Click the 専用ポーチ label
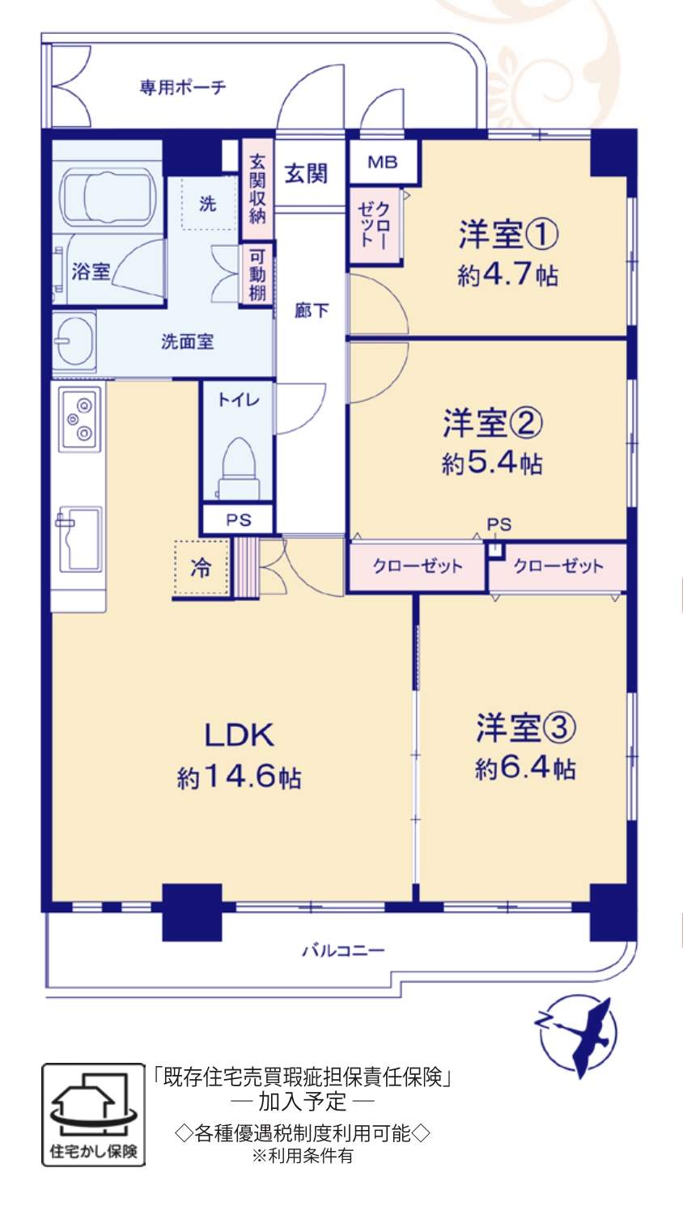click(x=183, y=87)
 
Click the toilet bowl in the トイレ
click(x=238, y=468)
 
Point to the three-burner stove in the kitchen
click(x=80, y=419)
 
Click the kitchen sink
click(x=80, y=539)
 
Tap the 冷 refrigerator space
click(x=201, y=568)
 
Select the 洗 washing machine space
click(x=209, y=203)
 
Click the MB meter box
click(x=383, y=162)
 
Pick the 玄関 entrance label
click(x=306, y=174)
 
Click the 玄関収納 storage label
click(x=257, y=189)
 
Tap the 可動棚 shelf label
click(x=257, y=275)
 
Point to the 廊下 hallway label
click(x=312, y=311)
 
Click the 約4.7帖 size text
click(x=508, y=275)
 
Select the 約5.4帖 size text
click(x=492, y=463)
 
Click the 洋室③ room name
click(x=526, y=728)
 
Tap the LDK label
click(x=240, y=735)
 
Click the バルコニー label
click(x=344, y=950)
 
